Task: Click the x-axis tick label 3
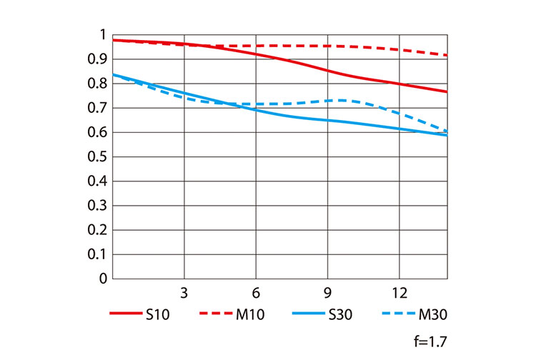[184, 293]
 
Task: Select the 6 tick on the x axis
[256, 293]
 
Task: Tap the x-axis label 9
[327, 293]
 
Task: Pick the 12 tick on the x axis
[399, 293]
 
